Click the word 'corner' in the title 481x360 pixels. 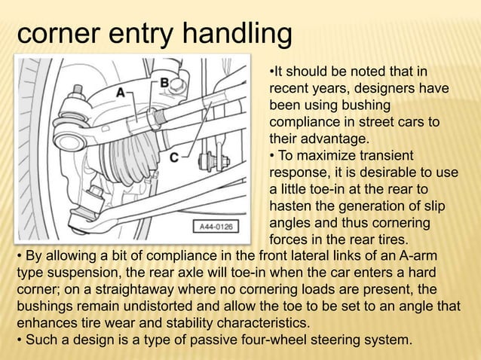click(x=62, y=34)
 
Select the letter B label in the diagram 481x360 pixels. click(x=164, y=81)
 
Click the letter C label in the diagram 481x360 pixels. click(x=173, y=158)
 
